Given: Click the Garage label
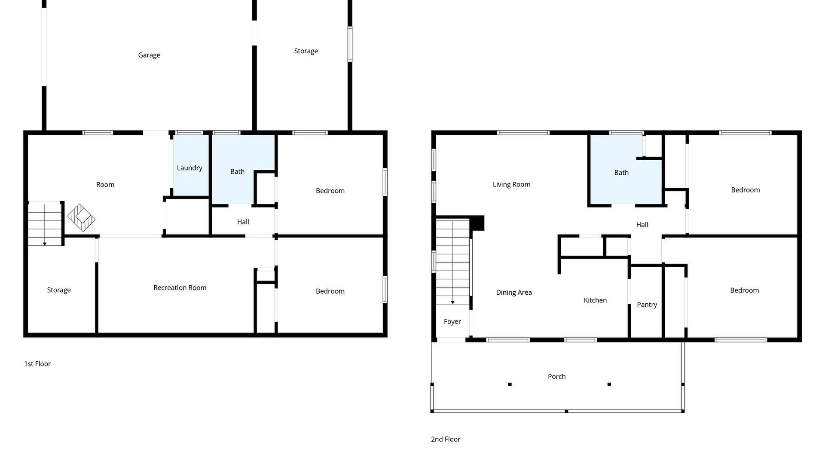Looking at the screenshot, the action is (x=149, y=55).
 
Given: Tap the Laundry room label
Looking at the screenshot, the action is (x=189, y=168).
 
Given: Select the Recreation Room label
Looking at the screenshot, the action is (x=180, y=287).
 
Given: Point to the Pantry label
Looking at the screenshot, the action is (x=647, y=305).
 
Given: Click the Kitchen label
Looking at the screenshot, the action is (x=595, y=300).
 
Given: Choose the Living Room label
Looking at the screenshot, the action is (x=511, y=184).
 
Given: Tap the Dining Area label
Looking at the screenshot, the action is (x=514, y=293).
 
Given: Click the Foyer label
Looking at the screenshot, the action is (x=452, y=322).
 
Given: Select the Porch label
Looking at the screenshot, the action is (x=557, y=376).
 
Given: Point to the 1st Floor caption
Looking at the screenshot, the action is (x=37, y=364).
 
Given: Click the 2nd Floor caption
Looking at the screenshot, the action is (x=446, y=439).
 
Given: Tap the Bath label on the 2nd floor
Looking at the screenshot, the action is (x=621, y=173).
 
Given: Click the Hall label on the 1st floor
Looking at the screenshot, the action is (x=243, y=222).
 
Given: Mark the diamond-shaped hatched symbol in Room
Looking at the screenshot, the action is (x=81, y=218).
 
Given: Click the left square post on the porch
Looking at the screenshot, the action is (x=510, y=385).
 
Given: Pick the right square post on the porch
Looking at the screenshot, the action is (x=609, y=385).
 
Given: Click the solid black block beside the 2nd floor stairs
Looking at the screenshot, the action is (x=477, y=223).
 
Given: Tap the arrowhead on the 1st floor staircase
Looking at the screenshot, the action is (x=45, y=244).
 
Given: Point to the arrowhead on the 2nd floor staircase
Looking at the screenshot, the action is (x=452, y=302).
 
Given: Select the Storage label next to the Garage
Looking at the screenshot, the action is (x=306, y=51).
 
